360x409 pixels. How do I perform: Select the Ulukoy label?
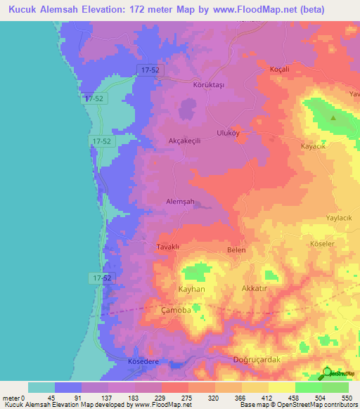point(229,132)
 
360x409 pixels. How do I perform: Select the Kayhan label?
point(191,290)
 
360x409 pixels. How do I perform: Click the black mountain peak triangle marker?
point(333,118)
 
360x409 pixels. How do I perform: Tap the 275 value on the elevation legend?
point(167,398)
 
